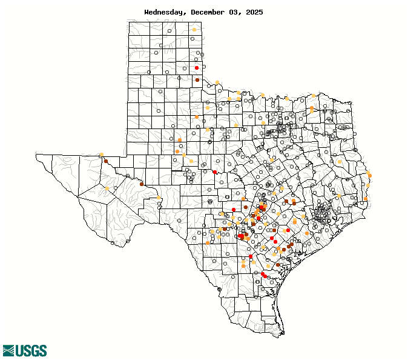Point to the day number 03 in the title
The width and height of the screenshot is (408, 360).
click(235, 12)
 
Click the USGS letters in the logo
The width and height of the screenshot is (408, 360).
click(31, 350)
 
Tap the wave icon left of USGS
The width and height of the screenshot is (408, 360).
click(8, 350)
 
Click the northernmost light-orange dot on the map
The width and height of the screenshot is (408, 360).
click(194, 30)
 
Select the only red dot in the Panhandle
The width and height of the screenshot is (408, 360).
click(197, 68)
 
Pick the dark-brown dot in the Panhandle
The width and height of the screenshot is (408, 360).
click(197, 80)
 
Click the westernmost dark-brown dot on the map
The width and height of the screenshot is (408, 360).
click(106, 161)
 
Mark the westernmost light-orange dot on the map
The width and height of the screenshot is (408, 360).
click(101, 155)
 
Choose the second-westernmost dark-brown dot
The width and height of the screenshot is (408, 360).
click(142, 184)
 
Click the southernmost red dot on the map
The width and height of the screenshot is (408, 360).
click(265, 276)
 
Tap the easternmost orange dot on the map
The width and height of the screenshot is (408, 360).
click(369, 175)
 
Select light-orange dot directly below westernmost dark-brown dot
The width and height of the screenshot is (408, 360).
click(107, 188)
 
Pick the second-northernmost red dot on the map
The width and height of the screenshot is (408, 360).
click(215, 172)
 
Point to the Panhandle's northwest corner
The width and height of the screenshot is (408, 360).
click(128, 21)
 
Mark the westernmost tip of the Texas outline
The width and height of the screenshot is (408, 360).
click(36, 155)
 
